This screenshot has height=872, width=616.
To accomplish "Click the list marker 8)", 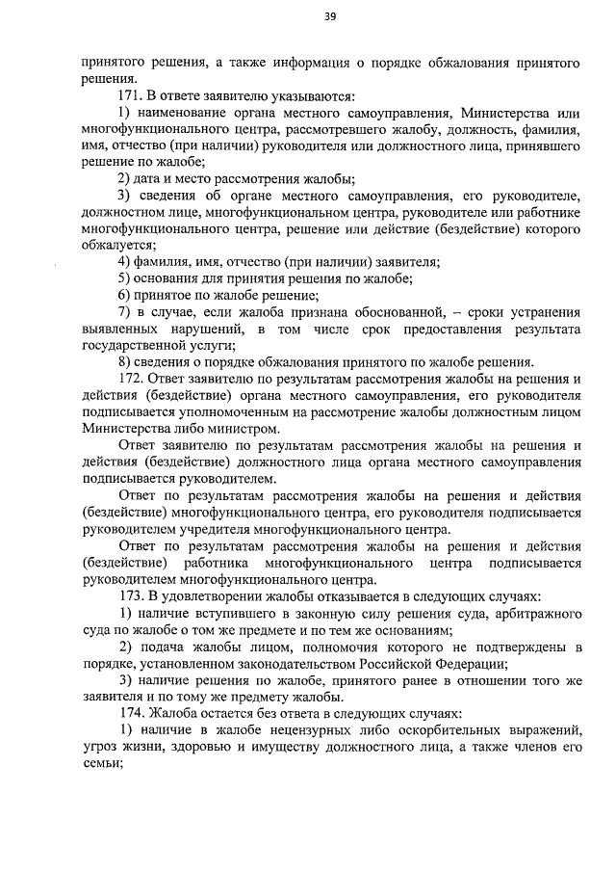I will (x=124, y=362).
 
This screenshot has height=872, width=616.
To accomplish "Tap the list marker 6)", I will (x=124, y=295).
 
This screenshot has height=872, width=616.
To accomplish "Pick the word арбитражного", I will (x=533, y=614).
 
